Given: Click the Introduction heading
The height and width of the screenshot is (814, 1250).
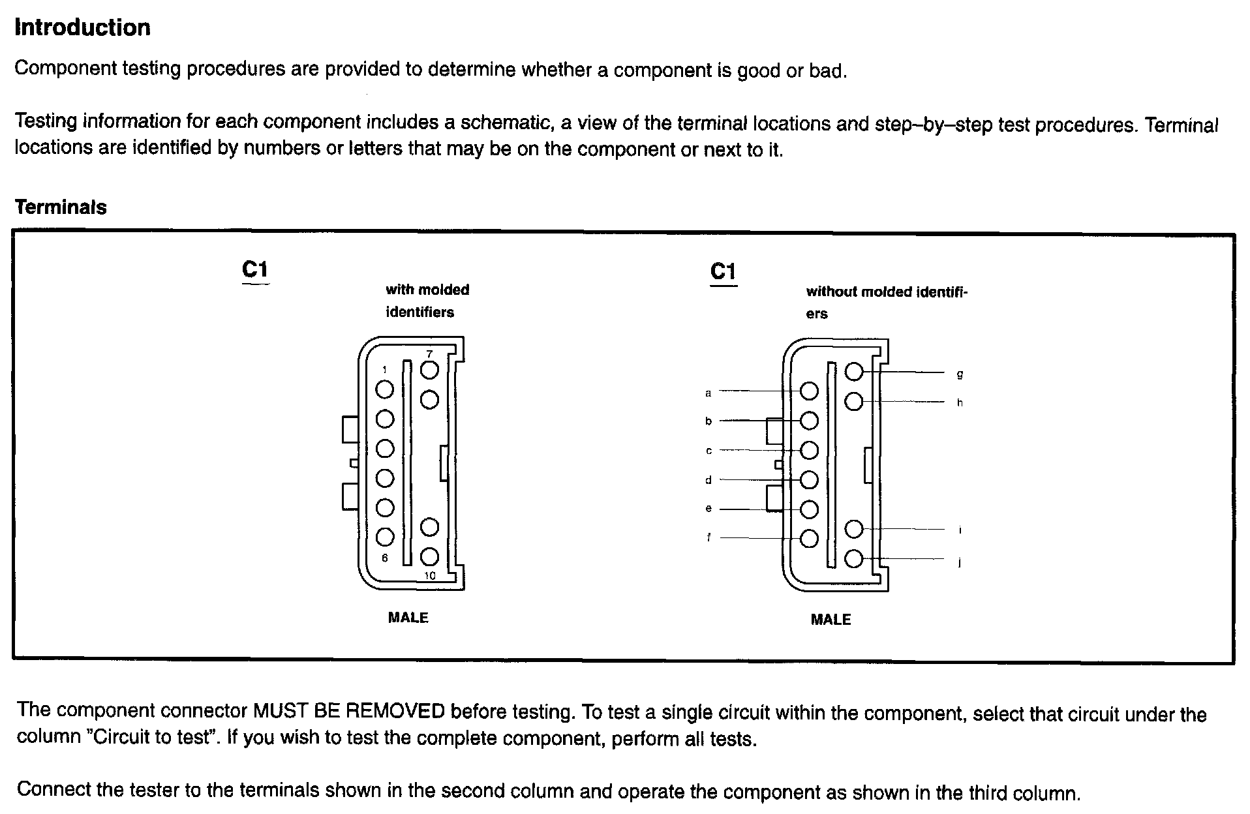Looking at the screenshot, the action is click(x=82, y=27).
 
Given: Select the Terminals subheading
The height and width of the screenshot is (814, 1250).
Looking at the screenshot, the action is click(x=61, y=207).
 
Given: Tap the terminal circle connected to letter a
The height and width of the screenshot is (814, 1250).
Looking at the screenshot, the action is click(x=809, y=391).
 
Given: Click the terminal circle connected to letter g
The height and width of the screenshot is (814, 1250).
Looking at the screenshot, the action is click(x=854, y=372).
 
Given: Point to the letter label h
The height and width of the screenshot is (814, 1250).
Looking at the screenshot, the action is click(x=960, y=402).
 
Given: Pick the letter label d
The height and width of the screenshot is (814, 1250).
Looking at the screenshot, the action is click(x=709, y=480).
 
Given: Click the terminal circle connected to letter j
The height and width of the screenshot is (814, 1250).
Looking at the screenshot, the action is click(x=854, y=559).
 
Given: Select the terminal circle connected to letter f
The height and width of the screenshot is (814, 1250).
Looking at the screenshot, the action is click(x=809, y=539).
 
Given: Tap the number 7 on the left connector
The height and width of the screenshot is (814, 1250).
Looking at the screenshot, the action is click(x=429, y=354).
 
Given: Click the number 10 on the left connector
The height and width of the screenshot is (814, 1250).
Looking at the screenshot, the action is click(x=429, y=575).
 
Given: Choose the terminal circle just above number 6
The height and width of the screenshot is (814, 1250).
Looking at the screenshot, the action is click(x=385, y=537).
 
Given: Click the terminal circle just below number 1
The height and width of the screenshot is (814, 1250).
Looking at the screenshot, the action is click(x=385, y=389).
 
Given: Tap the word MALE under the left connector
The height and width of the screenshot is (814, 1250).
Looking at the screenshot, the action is click(x=408, y=618).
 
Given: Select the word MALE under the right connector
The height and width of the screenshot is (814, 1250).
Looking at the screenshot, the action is click(x=831, y=620).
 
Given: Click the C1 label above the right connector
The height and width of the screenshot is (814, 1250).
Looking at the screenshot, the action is click(x=723, y=271).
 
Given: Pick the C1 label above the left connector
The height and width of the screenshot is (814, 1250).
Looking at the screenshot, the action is click(x=254, y=269).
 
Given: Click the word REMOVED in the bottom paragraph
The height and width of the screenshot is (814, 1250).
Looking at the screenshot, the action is click(x=395, y=711).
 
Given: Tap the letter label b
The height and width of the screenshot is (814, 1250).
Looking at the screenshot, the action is click(x=709, y=421).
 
